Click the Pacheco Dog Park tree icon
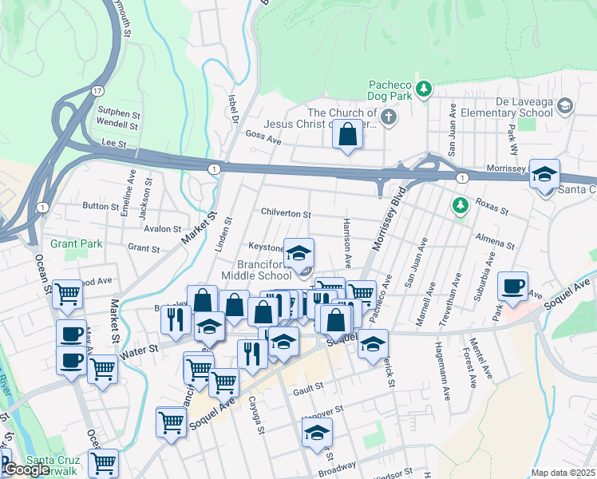425,89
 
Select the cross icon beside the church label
388,119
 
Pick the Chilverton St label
286,214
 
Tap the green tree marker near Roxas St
460,206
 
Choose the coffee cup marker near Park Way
513,286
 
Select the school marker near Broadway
317,433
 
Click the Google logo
26,469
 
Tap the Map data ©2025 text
563,473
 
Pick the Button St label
101,205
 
